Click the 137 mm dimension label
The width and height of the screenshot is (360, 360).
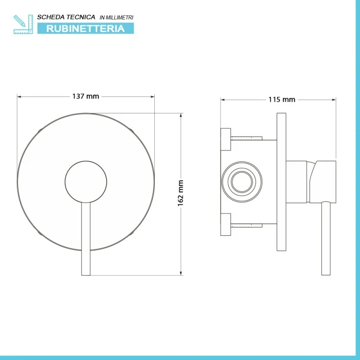(85, 96)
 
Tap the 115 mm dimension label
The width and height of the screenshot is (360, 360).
(282, 99)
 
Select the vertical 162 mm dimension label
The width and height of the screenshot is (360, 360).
(181, 193)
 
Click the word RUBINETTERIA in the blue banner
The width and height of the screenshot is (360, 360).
(85, 28)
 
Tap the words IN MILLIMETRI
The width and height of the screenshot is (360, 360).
(117, 18)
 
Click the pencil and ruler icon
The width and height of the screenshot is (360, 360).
(23, 24)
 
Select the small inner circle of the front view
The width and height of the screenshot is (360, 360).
(86, 182)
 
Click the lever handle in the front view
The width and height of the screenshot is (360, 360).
(86, 239)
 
